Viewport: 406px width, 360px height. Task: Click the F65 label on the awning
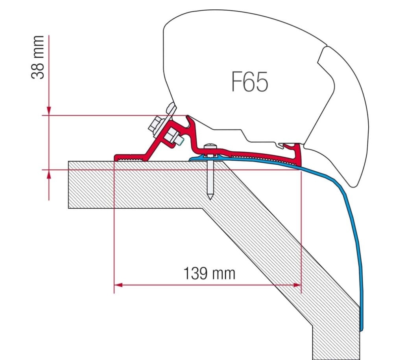pyautogui.click(x=249, y=82)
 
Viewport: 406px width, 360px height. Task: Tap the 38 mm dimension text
pyautogui.click(x=38, y=57)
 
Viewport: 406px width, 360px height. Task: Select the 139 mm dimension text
pyautogui.click(x=209, y=273)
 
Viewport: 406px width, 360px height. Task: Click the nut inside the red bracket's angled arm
pyautogui.click(x=172, y=137)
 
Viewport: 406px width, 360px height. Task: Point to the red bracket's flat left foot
pyautogui.click(x=130, y=158)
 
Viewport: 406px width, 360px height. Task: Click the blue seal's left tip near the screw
pyautogui.click(x=191, y=159)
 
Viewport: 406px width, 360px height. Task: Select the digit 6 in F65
pyautogui.click(x=249, y=82)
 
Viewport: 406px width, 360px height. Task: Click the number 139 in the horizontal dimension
pyautogui.click(x=196, y=273)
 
